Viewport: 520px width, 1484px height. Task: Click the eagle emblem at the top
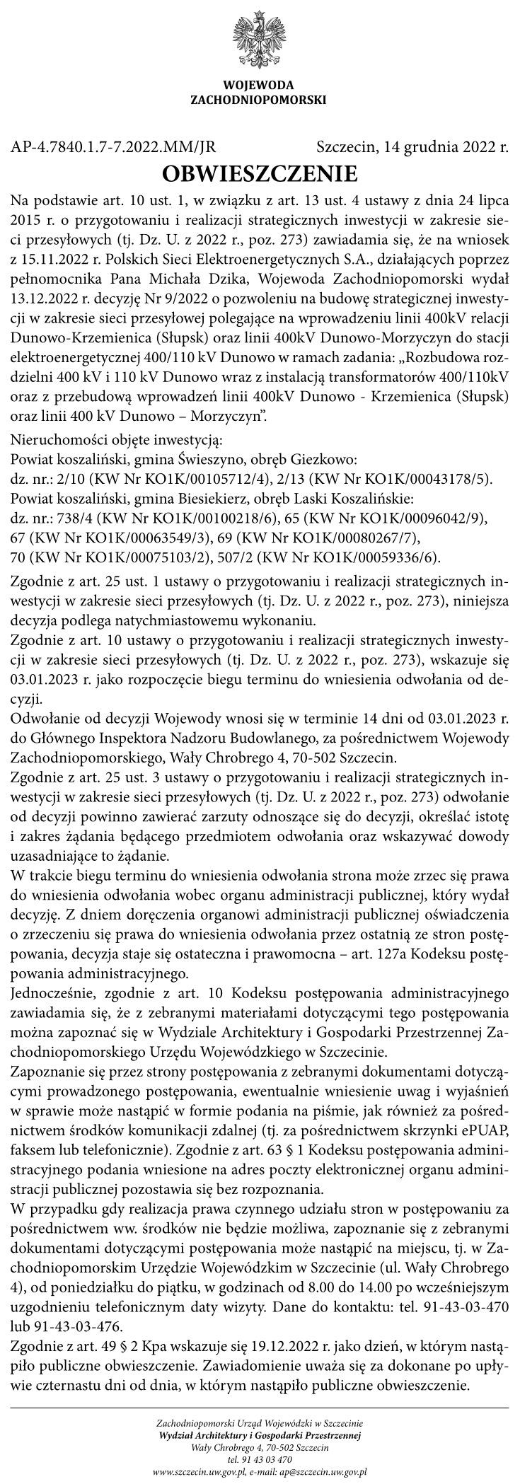[x=259, y=39]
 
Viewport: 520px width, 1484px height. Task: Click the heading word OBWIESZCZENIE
[x=260, y=173]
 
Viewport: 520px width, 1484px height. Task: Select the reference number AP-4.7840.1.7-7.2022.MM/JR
[x=113, y=148]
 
